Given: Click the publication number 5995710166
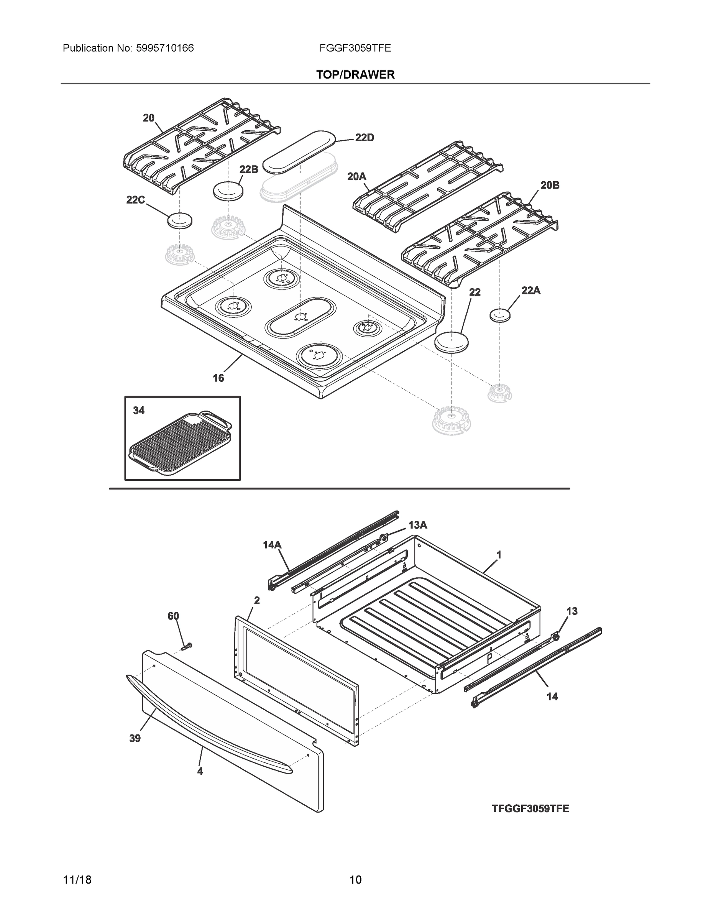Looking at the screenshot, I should [x=165, y=48].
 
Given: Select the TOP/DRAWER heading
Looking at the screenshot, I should [x=356, y=75].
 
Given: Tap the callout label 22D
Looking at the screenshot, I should [x=365, y=138].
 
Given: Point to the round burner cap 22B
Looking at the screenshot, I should [x=228, y=192].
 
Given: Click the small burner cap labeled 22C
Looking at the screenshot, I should [x=180, y=221].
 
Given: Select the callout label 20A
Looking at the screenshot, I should [x=356, y=176].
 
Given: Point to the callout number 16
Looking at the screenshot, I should [x=218, y=378].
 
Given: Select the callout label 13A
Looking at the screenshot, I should [x=417, y=525].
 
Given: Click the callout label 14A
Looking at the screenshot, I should [x=272, y=545].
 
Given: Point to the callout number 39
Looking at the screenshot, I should [x=135, y=738].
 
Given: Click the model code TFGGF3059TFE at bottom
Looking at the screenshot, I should [x=530, y=809].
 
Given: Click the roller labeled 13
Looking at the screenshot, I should [x=556, y=637].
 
